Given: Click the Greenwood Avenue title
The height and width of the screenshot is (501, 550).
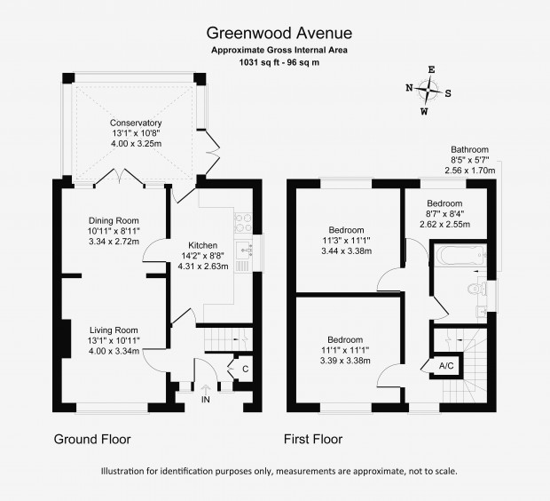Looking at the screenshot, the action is pyautogui.click(x=279, y=34).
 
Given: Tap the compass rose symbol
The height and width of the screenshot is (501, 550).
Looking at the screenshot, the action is pyautogui.click(x=428, y=91).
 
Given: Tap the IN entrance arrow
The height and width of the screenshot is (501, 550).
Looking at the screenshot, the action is pyautogui.click(x=206, y=389).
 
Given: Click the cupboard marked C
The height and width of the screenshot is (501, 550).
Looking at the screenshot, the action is pyautogui.click(x=245, y=370).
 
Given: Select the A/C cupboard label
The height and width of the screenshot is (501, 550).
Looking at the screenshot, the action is pyautogui.click(x=446, y=366).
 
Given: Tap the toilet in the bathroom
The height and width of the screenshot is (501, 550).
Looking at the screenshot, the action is pyautogui.click(x=476, y=289).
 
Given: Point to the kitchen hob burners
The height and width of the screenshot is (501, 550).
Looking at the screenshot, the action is pyautogui.click(x=243, y=223).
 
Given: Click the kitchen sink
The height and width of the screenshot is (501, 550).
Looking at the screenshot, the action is pyautogui.click(x=244, y=250).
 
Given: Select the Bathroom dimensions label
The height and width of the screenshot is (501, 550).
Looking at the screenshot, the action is pyautogui.click(x=469, y=160).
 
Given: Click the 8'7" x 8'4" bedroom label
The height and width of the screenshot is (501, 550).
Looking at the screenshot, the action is pyautogui.click(x=444, y=213).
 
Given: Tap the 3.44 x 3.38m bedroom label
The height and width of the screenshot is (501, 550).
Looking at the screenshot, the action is pyautogui.click(x=346, y=241).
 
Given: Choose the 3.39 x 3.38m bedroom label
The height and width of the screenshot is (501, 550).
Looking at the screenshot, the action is pyautogui.click(x=345, y=350).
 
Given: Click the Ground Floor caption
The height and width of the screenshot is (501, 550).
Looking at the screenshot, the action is pyautogui.click(x=92, y=439).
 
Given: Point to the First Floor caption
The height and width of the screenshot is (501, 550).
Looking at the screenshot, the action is pyautogui.click(x=313, y=439).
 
